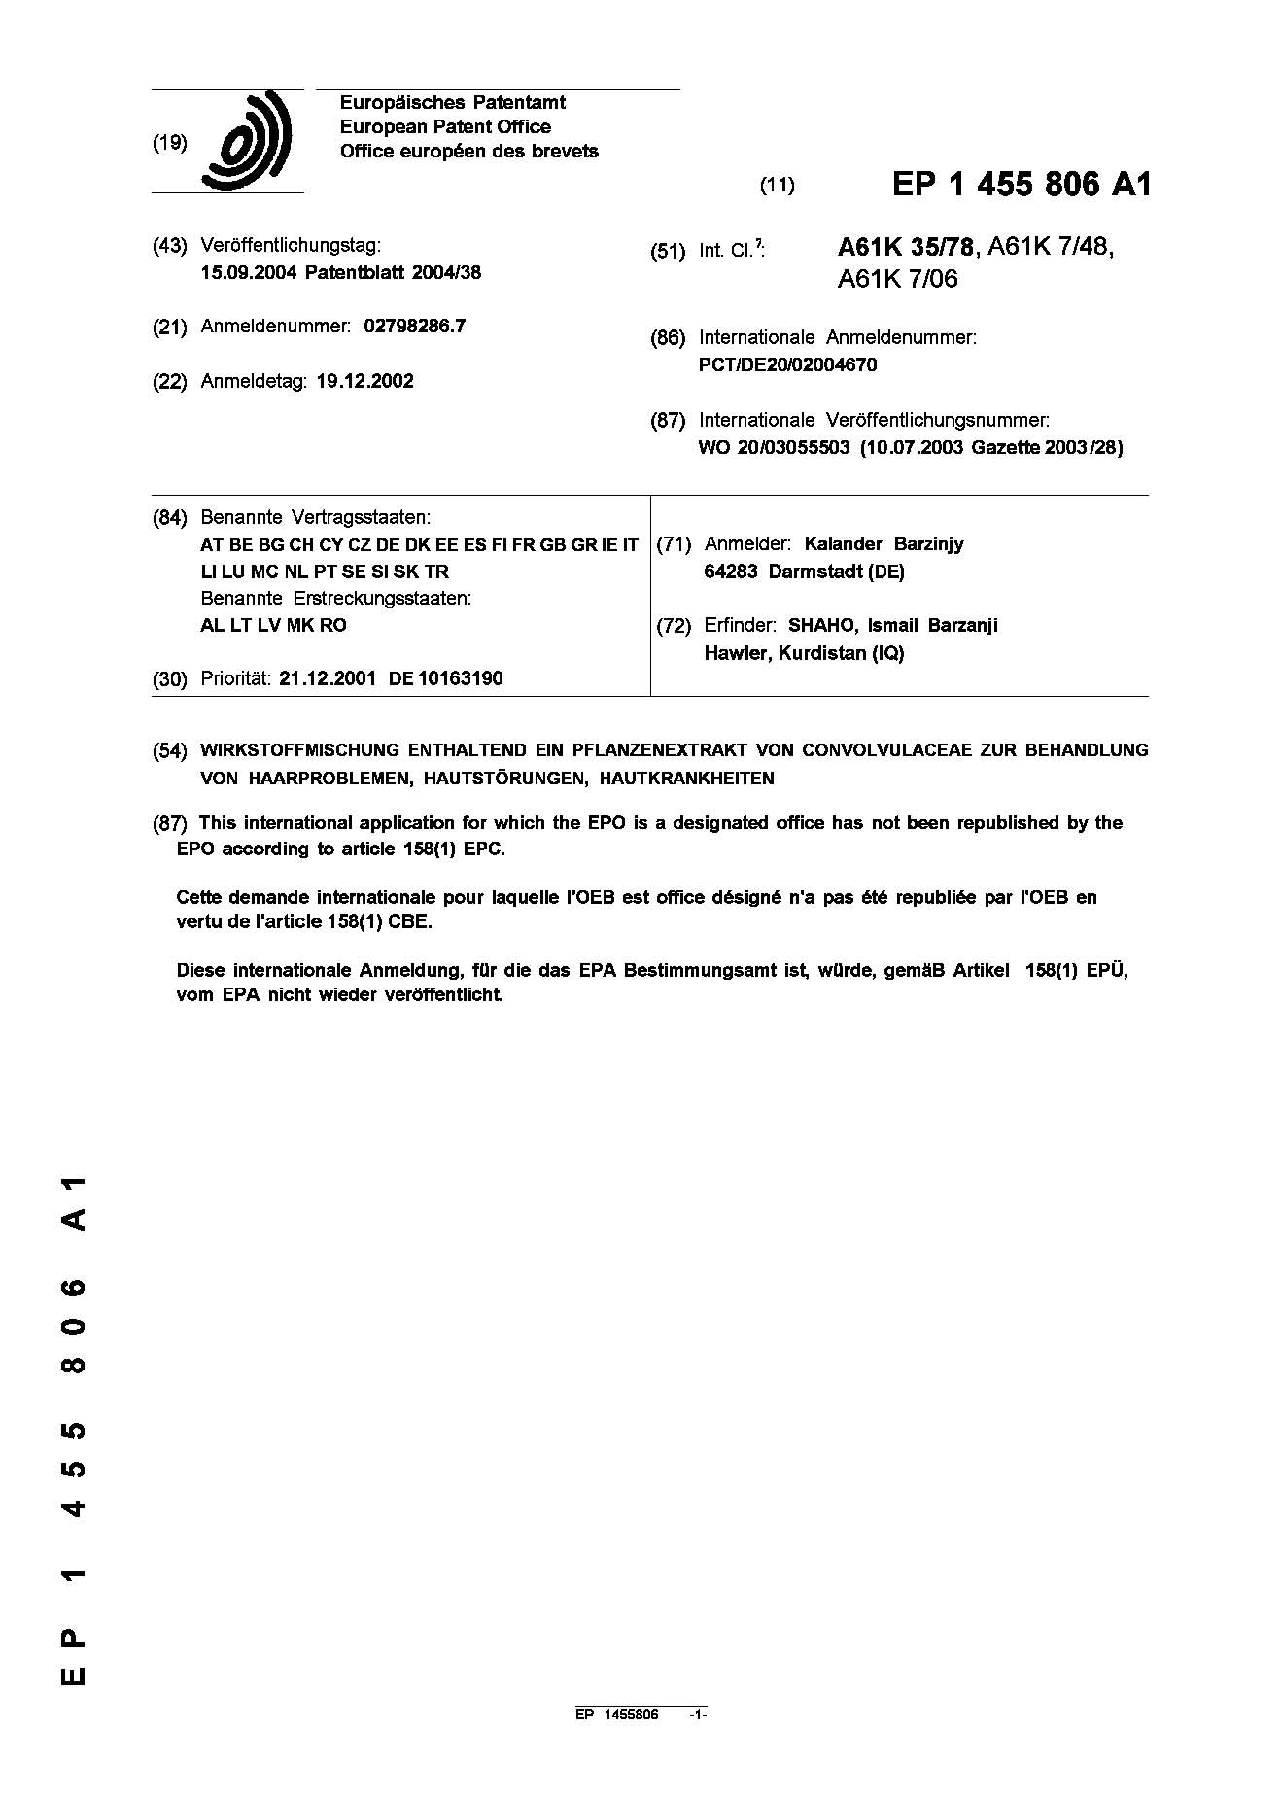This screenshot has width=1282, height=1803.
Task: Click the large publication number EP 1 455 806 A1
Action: click(x=1021, y=185)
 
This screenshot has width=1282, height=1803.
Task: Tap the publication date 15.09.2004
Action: click(x=248, y=273)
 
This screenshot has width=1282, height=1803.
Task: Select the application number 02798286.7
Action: click(x=415, y=327)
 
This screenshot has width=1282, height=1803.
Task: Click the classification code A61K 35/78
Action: click(x=905, y=248)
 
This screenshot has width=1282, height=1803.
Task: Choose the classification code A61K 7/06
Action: click(x=897, y=280)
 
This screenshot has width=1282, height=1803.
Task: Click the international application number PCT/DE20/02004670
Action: click(x=788, y=365)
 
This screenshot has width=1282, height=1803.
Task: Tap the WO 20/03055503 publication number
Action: click(x=775, y=448)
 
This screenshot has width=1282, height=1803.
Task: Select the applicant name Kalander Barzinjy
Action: click(x=884, y=544)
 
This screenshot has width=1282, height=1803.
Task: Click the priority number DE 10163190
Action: click(x=446, y=679)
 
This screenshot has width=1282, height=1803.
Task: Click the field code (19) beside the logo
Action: click(x=170, y=143)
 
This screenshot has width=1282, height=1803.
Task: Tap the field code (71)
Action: click(x=674, y=544)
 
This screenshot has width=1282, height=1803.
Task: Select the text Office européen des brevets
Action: click(x=468, y=152)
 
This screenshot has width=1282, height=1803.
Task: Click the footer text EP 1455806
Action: click(x=617, y=1742)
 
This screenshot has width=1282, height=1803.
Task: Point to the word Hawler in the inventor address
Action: click(x=736, y=653)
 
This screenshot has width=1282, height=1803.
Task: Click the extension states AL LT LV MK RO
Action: click(x=273, y=626)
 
